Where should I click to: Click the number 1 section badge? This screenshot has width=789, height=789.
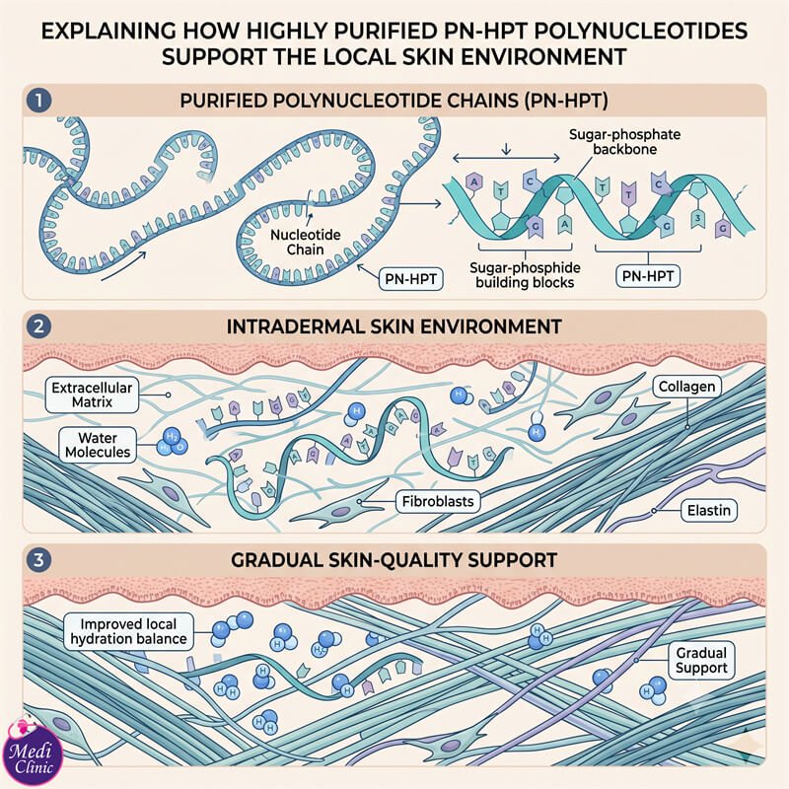click(38, 101)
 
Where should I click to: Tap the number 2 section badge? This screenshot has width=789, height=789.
click(38, 326)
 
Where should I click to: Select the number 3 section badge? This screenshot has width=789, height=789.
click(38, 559)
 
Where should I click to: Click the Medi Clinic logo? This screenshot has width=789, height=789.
click(33, 753)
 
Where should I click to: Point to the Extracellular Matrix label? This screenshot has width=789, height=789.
click(92, 395)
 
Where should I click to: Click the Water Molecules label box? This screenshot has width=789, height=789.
click(98, 445)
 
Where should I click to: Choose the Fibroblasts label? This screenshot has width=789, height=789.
click(438, 502)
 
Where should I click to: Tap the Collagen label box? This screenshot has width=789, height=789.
click(686, 387)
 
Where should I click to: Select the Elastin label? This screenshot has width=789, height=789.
click(709, 510)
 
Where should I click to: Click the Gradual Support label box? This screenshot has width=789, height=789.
click(701, 660)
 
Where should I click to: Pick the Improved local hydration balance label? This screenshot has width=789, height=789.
click(129, 631)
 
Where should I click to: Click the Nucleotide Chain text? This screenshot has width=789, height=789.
click(306, 242)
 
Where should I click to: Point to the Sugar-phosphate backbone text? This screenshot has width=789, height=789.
click(624, 142)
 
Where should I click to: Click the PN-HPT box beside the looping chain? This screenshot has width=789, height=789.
click(410, 279)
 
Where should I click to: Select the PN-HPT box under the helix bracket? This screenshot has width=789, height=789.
click(648, 276)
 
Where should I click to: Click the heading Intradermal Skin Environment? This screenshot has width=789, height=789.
click(394, 326)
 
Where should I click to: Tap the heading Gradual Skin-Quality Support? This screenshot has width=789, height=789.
click(394, 560)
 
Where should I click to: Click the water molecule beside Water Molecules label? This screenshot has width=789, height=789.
click(172, 442)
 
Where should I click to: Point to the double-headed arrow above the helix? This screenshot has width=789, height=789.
click(506, 159)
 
